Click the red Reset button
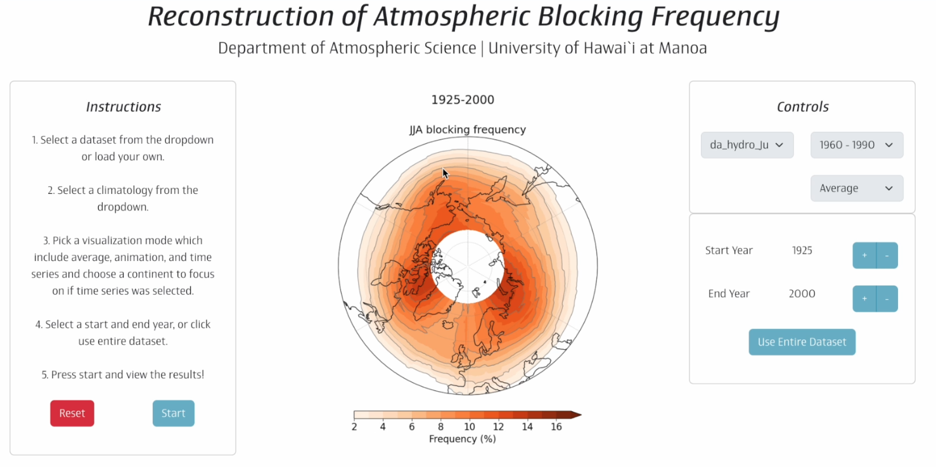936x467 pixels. point(72,413)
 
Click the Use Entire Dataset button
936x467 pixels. point(802,342)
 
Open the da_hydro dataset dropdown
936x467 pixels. point(747,145)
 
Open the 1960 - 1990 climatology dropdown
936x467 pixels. point(856,145)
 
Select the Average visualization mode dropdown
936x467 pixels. point(856,188)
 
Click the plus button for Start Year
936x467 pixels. point(864,255)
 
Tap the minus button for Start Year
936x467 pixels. point(887,255)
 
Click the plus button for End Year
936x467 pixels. point(864,298)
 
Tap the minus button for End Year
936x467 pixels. point(887,298)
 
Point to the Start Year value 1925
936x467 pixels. point(802,250)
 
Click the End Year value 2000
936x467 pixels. point(802,293)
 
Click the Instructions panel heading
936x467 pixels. point(124,107)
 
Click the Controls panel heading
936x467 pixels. point(802,107)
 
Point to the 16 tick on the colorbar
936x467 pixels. point(556,427)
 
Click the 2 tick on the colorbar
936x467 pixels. point(354,427)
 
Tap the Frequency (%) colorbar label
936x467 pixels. point(462,438)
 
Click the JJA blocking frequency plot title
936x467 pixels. point(467,130)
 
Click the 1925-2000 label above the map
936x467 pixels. point(463,99)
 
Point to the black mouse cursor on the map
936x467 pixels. point(446,174)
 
